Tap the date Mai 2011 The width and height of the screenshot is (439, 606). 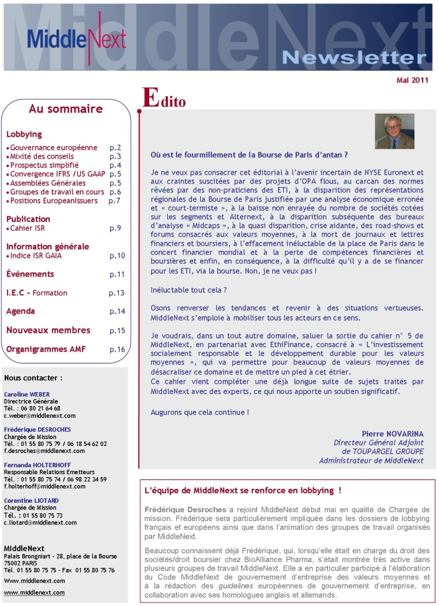(x=412, y=80)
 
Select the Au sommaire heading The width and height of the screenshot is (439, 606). (x=66, y=109)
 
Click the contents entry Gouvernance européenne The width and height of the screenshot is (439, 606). (x=53, y=148)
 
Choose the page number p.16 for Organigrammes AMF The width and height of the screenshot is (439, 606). (x=117, y=350)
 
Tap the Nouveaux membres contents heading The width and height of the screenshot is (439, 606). (x=48, y=330)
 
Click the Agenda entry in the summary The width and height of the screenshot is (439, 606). (x=20, y=311)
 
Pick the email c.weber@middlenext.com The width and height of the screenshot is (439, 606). (x=39, y=416)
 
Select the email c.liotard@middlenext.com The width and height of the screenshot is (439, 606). (x=40, y=522)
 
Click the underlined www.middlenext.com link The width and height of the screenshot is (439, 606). (x=35, y=592)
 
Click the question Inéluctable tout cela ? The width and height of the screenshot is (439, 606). (x=188, y=290)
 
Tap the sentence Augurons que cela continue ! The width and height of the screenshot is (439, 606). (x=199, y=412)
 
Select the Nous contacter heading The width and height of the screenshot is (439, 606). (x=33, y=378)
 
